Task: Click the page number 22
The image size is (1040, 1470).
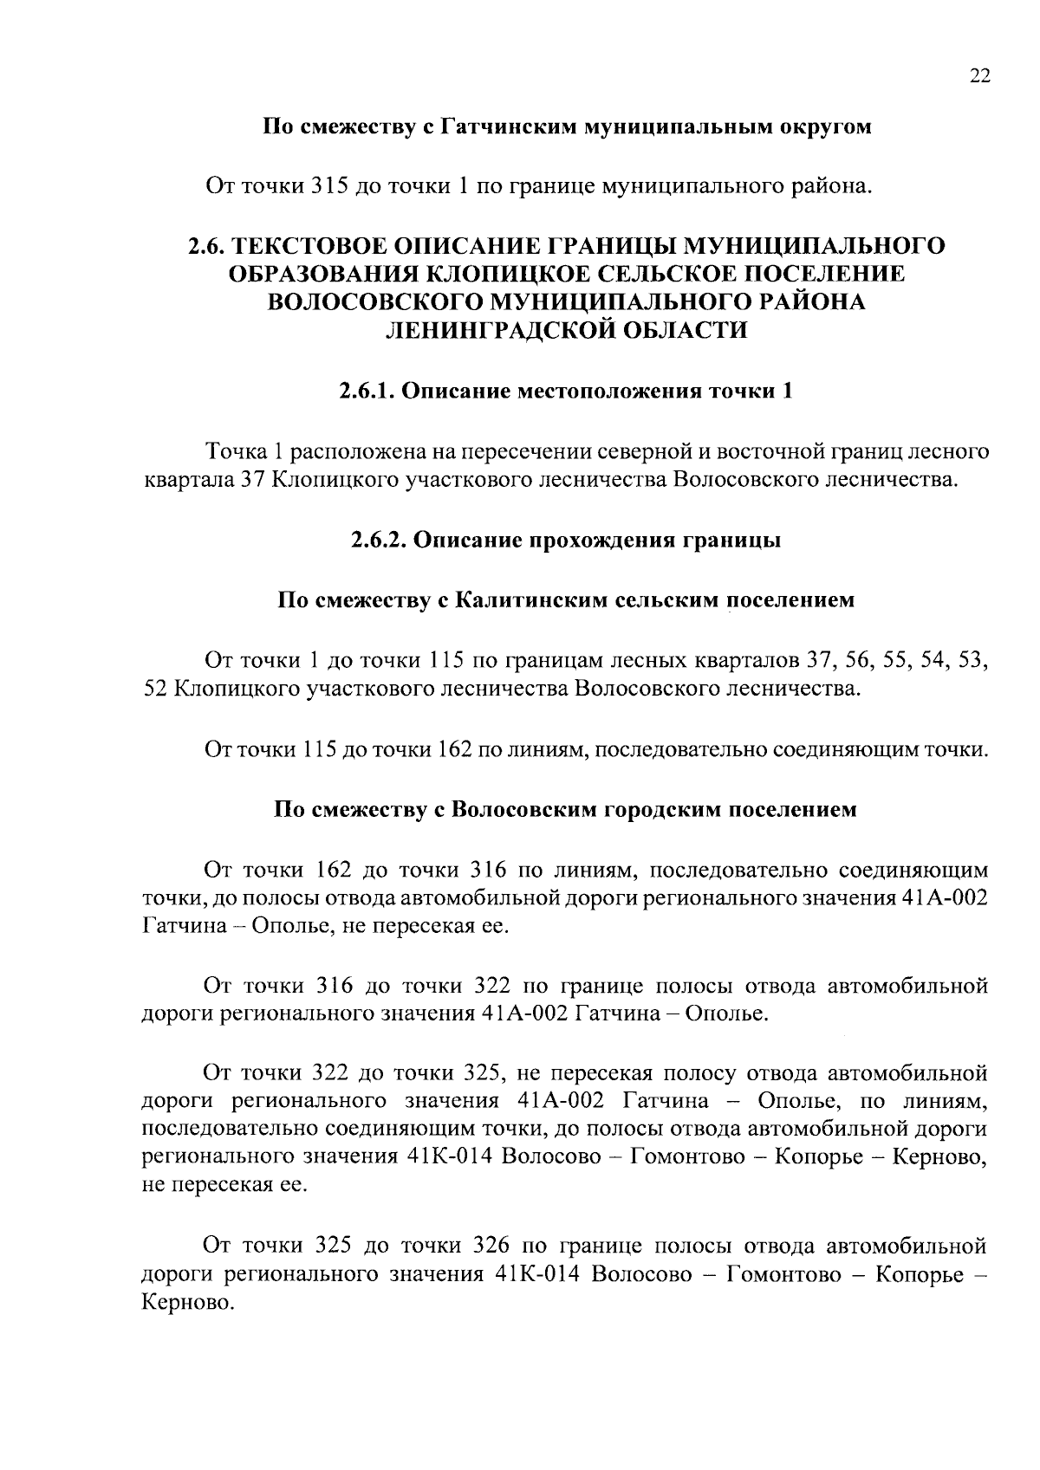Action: (978, 75)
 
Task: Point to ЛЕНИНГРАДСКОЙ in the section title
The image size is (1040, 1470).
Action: (497, 330)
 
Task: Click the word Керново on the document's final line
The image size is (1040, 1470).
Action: (186, 1303)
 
